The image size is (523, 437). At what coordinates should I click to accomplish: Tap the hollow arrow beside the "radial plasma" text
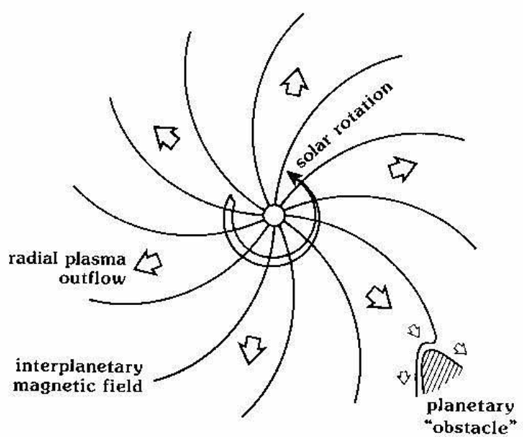click(150, 260)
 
